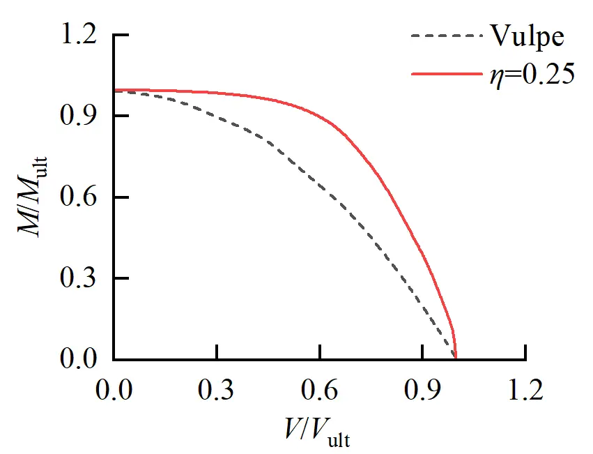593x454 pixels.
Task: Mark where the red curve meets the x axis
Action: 456,359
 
